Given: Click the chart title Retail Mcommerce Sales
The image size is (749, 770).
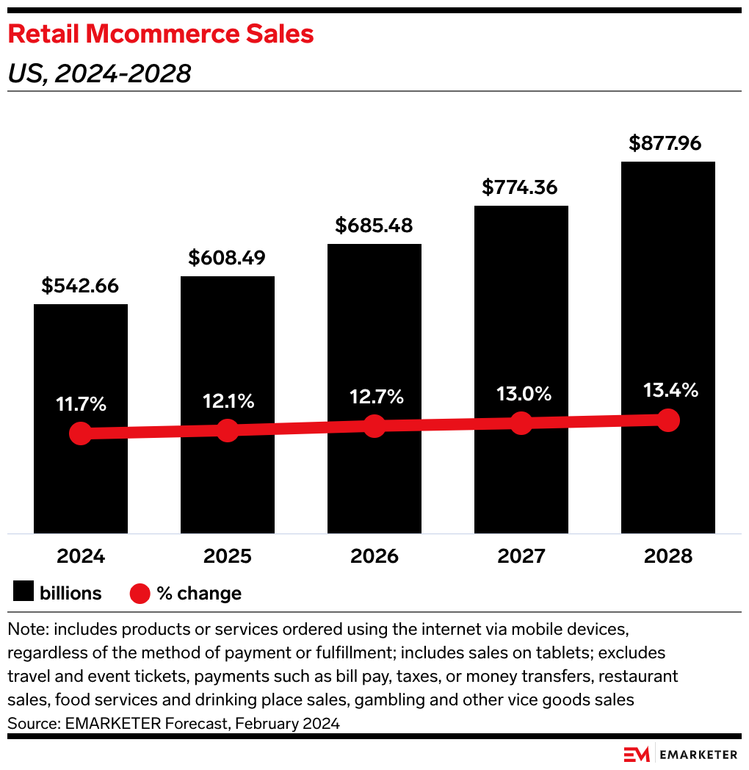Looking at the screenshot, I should pos(161,34).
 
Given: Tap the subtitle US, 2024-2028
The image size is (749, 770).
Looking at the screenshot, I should pos(99,73).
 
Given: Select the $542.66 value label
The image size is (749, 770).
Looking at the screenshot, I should pos(80,286).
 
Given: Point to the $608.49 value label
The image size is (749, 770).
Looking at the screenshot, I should pos(227,258).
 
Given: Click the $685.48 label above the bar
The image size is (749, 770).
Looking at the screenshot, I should pos(374,226).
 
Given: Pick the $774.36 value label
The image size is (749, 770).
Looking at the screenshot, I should pos(521,187).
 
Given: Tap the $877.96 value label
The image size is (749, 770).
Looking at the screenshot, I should pos(667,143).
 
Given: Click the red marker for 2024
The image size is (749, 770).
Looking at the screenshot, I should pos(81,433).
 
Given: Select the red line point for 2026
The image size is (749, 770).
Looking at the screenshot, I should pos(374,426).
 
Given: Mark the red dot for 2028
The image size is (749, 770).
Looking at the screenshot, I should pos(668,420).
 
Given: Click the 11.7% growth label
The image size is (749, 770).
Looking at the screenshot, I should pos(81,404).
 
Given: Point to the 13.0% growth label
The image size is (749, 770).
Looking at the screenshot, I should pos(521,394).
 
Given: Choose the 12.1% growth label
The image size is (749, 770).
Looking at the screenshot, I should pos(228,401).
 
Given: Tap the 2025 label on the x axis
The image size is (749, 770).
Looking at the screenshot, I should pos(228,556).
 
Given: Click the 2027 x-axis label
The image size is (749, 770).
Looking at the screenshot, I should pos(521,556).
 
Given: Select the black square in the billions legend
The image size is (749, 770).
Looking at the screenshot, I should pos(23,593).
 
